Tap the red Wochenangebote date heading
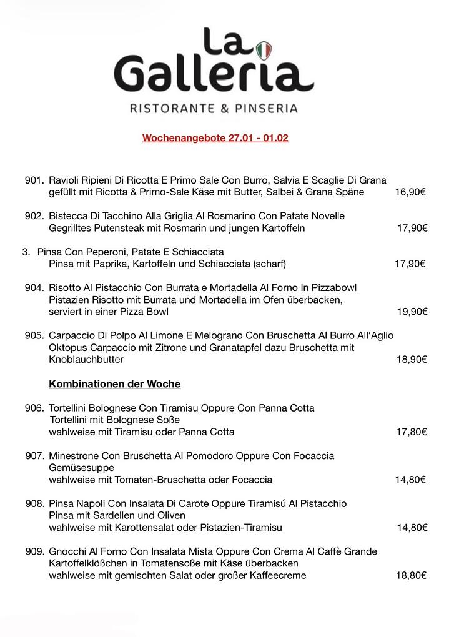(215, 137)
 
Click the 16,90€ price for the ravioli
(410, 192)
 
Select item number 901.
(34, 180)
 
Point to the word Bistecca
(68, 216)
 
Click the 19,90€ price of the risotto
(412, 311)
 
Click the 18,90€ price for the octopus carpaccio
(412, 359)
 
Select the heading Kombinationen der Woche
(115, 383)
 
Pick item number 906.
(34, 408)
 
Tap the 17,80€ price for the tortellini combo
(412, 432)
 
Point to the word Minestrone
(75, 456)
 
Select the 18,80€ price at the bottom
(412, 575)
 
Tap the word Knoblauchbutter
(86, 359)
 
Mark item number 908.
(34, 503)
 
